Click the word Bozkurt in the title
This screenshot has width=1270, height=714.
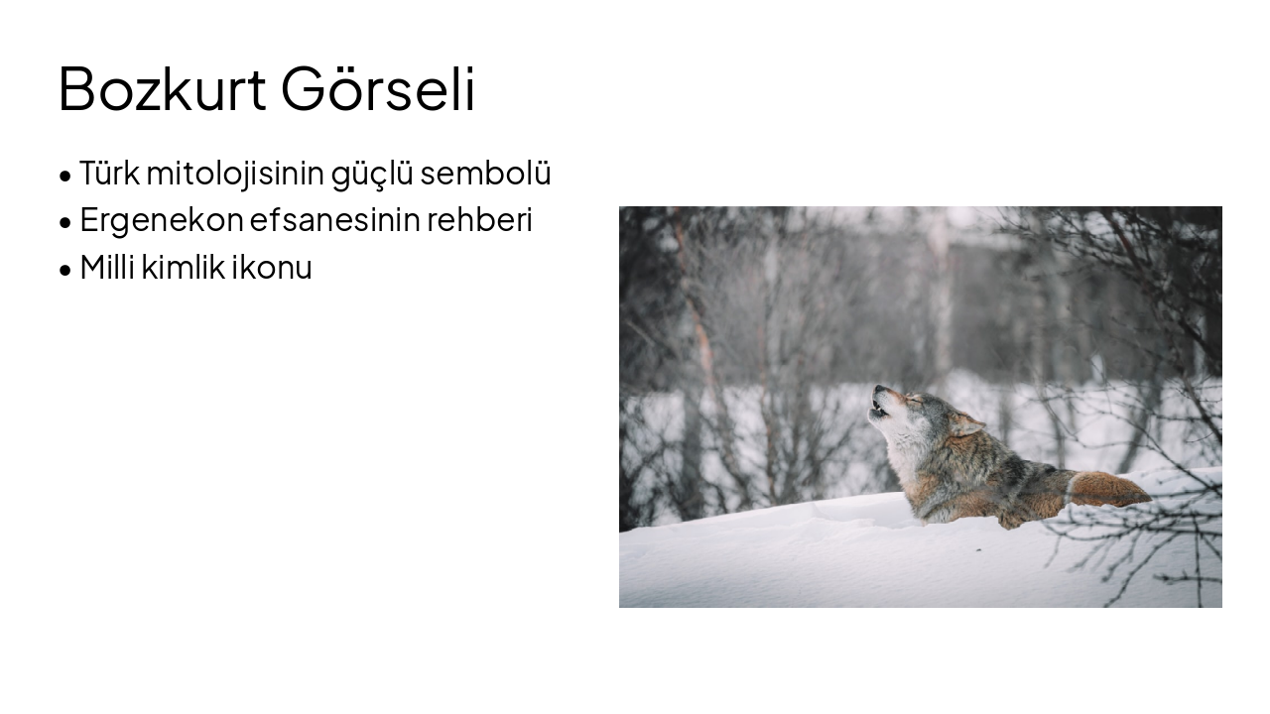pos(162,89)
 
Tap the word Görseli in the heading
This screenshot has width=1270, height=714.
pos(378,88)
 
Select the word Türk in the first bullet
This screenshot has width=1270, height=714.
pos(109,173)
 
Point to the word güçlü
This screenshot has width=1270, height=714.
pos(372,174)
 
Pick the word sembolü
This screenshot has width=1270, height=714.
pos(485,173)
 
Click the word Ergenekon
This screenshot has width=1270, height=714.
pos(162,220)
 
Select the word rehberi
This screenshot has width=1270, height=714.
pos(479,219)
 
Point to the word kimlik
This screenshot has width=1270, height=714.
pos(184,267)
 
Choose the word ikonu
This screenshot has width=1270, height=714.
pos(272,267)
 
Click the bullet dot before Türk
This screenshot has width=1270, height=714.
pos(65,176)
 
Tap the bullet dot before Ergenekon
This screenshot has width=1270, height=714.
pos(65,223)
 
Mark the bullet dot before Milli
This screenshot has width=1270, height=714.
pos(65,271)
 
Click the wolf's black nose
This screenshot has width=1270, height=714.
pos(879,390)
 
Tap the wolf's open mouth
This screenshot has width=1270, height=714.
pos(879,408)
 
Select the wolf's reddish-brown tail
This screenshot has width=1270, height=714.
pos(1108,489)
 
